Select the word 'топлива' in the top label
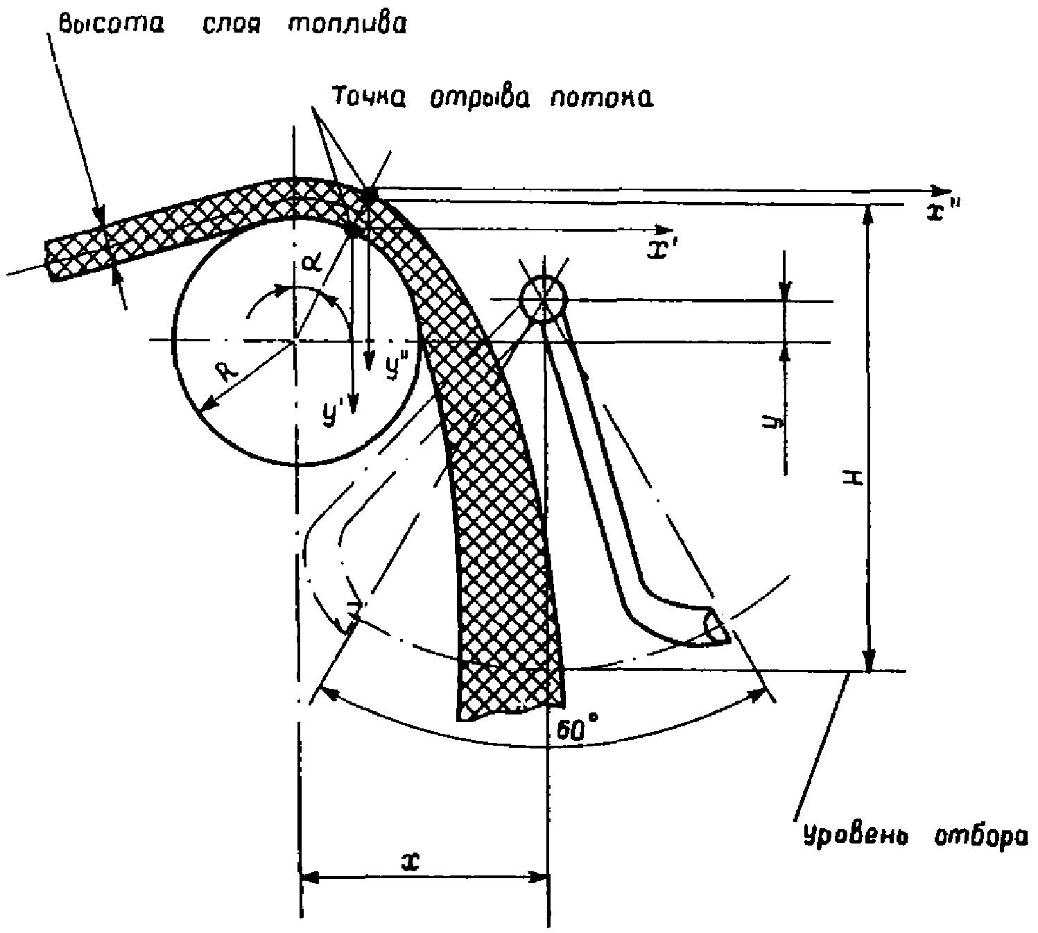(347, 24)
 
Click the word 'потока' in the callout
(603, 98)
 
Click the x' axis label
(662, 250)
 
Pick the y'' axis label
(396, 364)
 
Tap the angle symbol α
(311, 264)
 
